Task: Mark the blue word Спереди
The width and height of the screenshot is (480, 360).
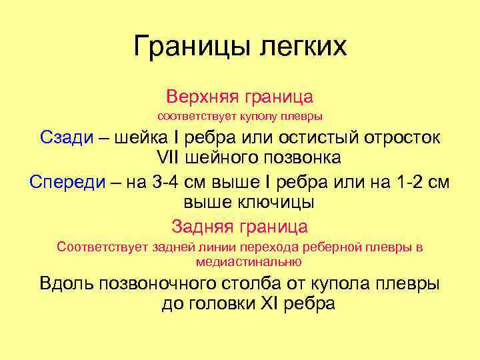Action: click(69, 182)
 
